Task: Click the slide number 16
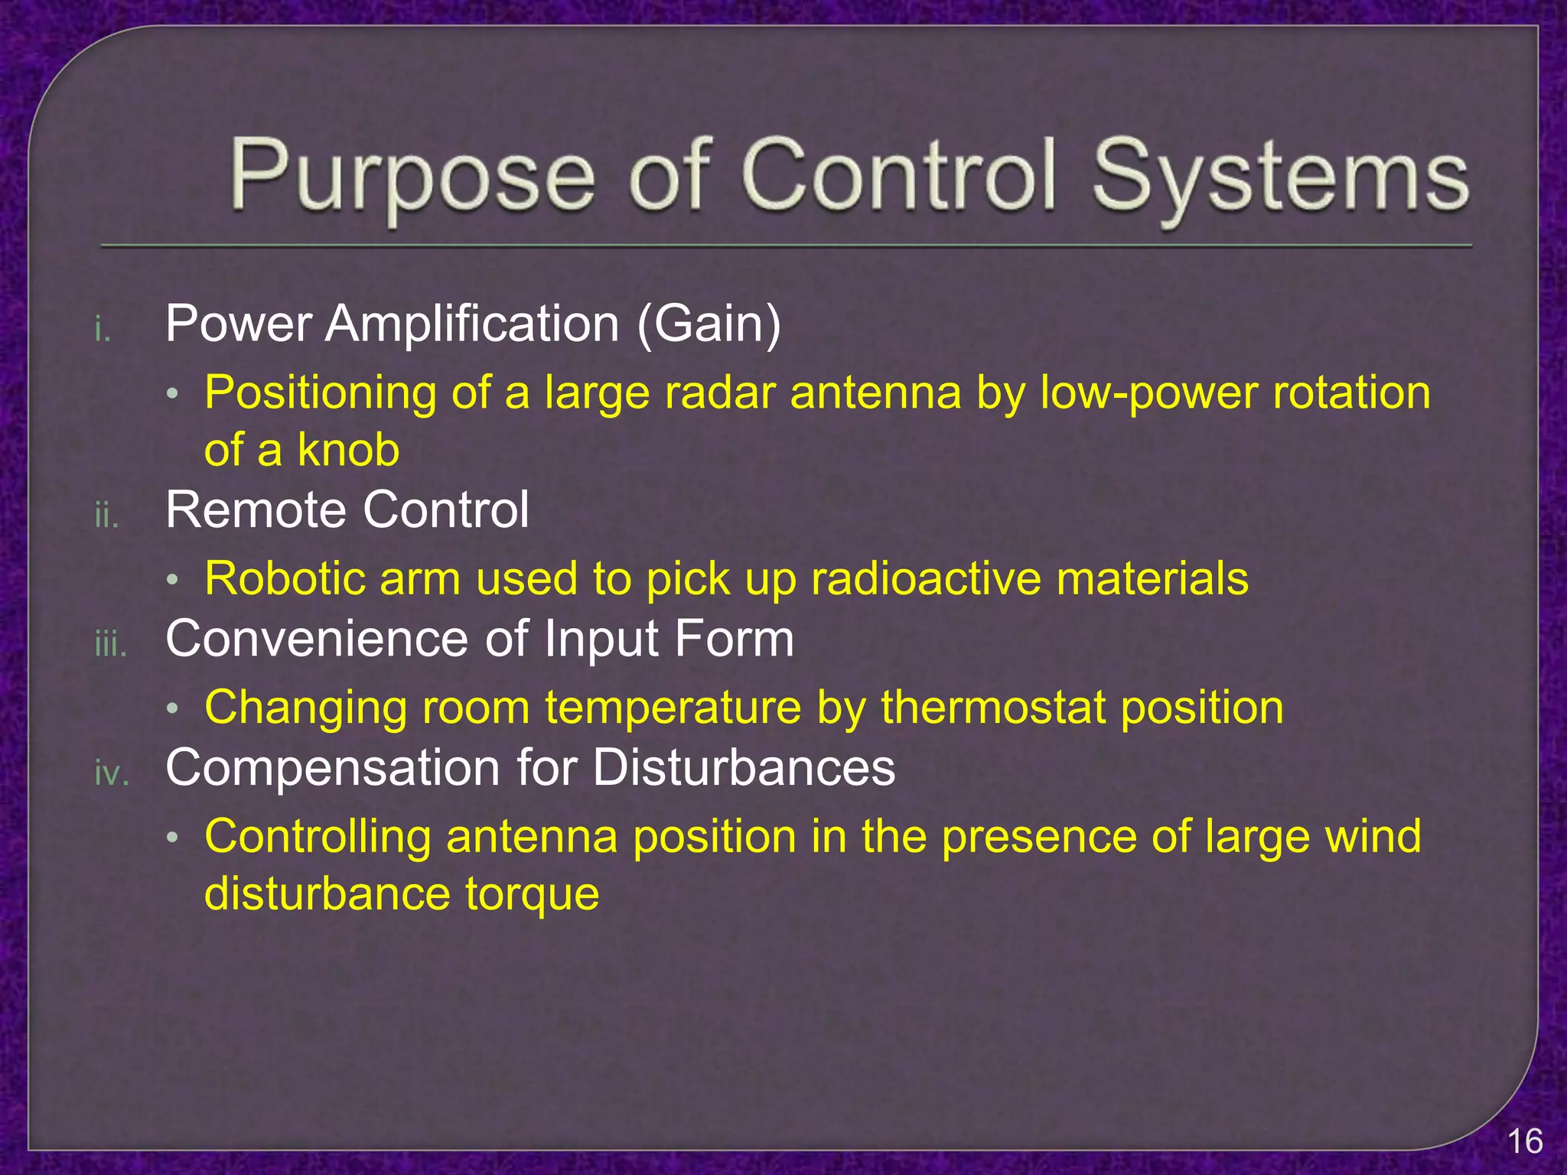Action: pyautogui.click(x=1524, y=1141)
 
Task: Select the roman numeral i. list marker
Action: pyautogui.click(x=103, y=330)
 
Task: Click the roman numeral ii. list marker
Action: pyautogui.click(x=106, y=516)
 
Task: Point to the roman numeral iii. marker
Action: pyautogui.click(x=110, y=645)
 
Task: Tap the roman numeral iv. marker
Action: pyautogui.click(x=112, y=773)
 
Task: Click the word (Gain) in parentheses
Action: pyautogui.click(x=709, y=324)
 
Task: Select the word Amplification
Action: pyautogui.click(x=471, y=324)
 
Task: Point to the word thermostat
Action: pyautogui.click(x=992, y=708)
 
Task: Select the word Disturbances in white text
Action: pyautogui.click(x=743, y=767)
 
